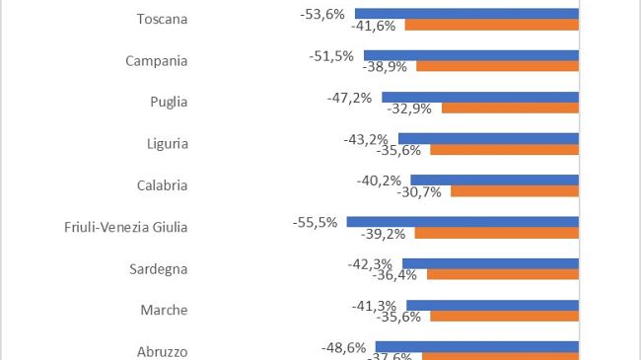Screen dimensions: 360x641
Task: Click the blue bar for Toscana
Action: click(466, 14)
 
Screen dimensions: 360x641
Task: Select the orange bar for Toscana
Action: click(491, 25)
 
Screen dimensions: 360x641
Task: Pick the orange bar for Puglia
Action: click(510, 108)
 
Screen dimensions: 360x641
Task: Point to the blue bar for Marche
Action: click(492, 306)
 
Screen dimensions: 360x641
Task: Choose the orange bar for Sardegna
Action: click(503, 275)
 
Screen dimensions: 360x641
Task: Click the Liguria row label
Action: click(166, 144)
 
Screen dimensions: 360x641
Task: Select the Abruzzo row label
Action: click(160, 351)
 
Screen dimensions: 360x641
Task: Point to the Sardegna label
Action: click(159, 269)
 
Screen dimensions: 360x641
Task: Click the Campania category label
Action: click(157, 60)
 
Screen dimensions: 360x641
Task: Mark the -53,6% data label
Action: click(322, 13)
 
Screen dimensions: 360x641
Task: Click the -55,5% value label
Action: click(315, 222)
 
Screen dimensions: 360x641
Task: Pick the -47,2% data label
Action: click(349, 98)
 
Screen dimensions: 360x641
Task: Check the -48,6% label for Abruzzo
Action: click(343, 347)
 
